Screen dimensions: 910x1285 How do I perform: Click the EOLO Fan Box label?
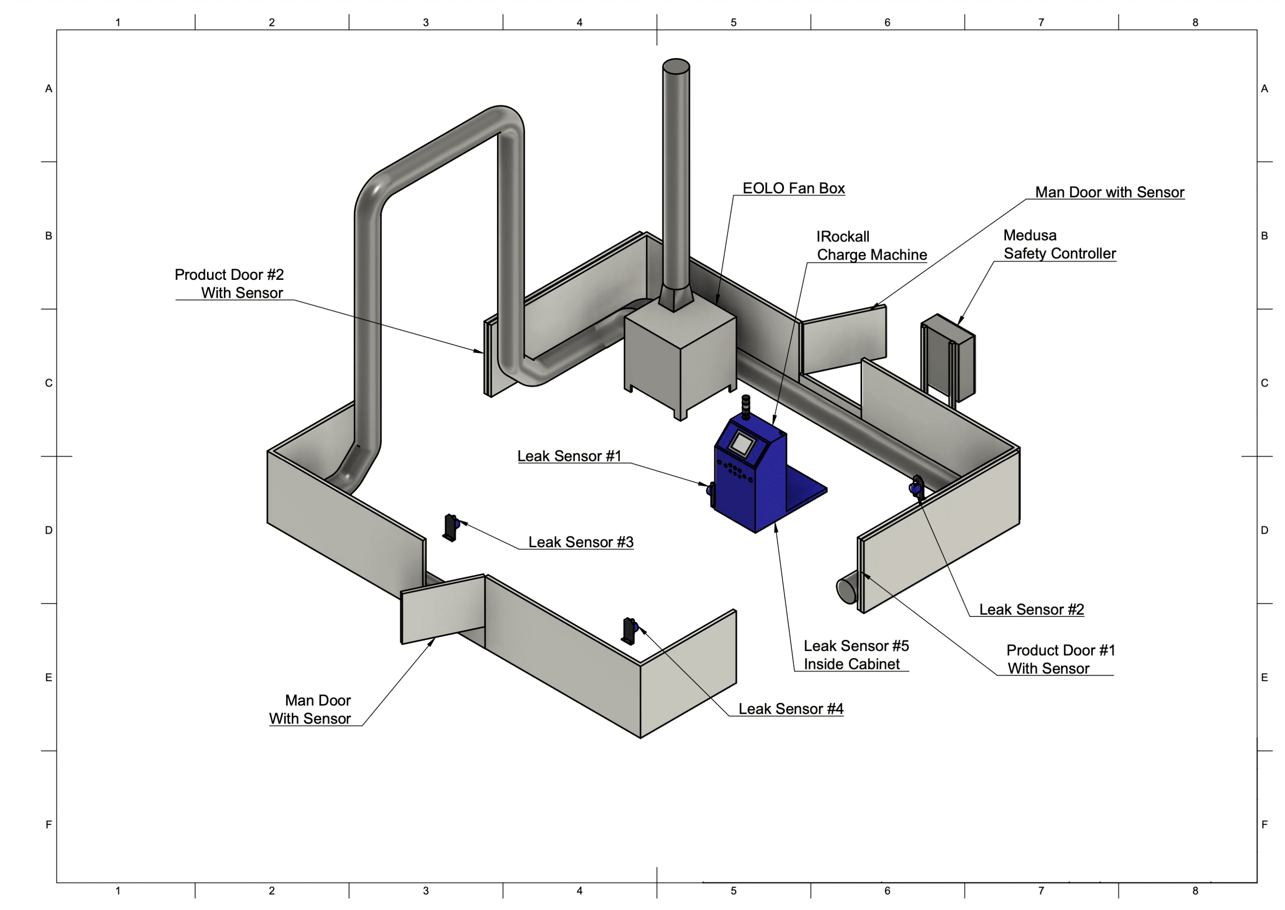coord(793,188)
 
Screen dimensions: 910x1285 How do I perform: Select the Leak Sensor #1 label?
coord(569,456)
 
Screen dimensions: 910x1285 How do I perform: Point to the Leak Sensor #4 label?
coord(790,709)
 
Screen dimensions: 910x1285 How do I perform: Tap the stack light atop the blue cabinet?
coord(746,407)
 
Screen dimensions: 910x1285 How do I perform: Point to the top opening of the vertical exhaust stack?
coord(676,66)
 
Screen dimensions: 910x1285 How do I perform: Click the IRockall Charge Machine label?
coord(870,245)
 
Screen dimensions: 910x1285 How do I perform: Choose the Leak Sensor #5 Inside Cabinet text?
coord(855,654)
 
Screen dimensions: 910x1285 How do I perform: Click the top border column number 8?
coord(1195,22)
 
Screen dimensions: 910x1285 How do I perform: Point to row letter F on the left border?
coord(49,824)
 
